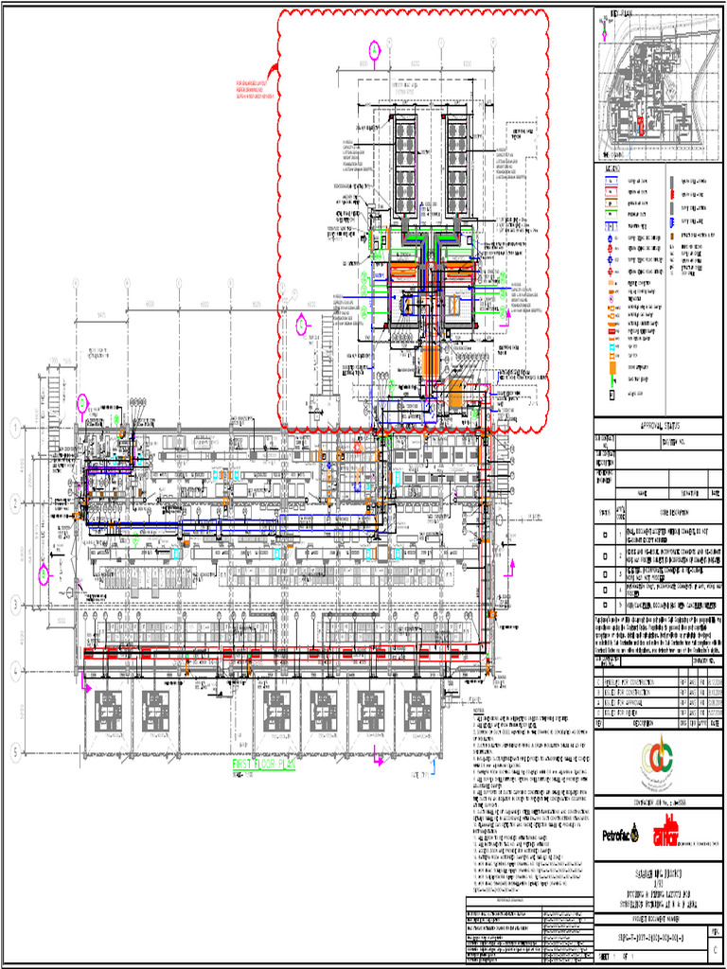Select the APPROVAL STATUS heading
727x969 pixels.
pyautogui.click(x=660, y=426)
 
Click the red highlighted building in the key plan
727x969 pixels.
pyautogui.click(x=641, y=125)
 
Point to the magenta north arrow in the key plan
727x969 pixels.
pyautogui.click(x=602, y=26)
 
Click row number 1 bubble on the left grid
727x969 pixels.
pyautogui.click(x=15, y=428)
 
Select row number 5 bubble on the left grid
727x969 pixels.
pyautogui.click(x=15, y=752)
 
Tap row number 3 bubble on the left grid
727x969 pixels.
pyautogui.click(x=15, y=604)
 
